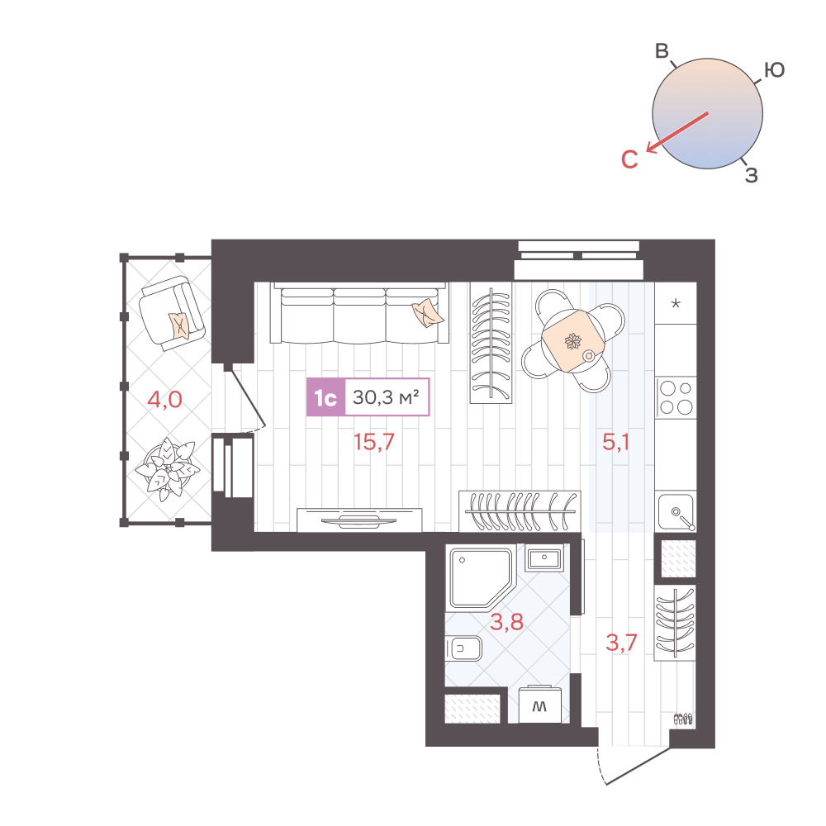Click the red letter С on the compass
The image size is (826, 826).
click(x=629, y=159)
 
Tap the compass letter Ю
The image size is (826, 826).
click(x=773, y=71)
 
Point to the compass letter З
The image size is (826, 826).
click(x=751, y=174)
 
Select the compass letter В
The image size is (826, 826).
click(x=662, y=51)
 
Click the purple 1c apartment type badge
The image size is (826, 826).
click(x=325, y=398)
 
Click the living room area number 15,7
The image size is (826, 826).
click(x=374, y=442)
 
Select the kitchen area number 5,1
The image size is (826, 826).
click(x=616, y=442)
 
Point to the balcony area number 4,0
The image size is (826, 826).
click(x=164, y=401)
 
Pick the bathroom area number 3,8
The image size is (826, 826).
click(x=506, y=622)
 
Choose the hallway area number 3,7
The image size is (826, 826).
click(x=621, y=643)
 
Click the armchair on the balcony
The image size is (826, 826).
click(x=172, y=313)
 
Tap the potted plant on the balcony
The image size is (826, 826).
click(x=167, y=468)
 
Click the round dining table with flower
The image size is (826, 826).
click(x=573, y=342)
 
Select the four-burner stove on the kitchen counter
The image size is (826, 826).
click(x=676, y=396)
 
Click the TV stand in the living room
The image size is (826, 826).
click(x=359, y=520)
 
